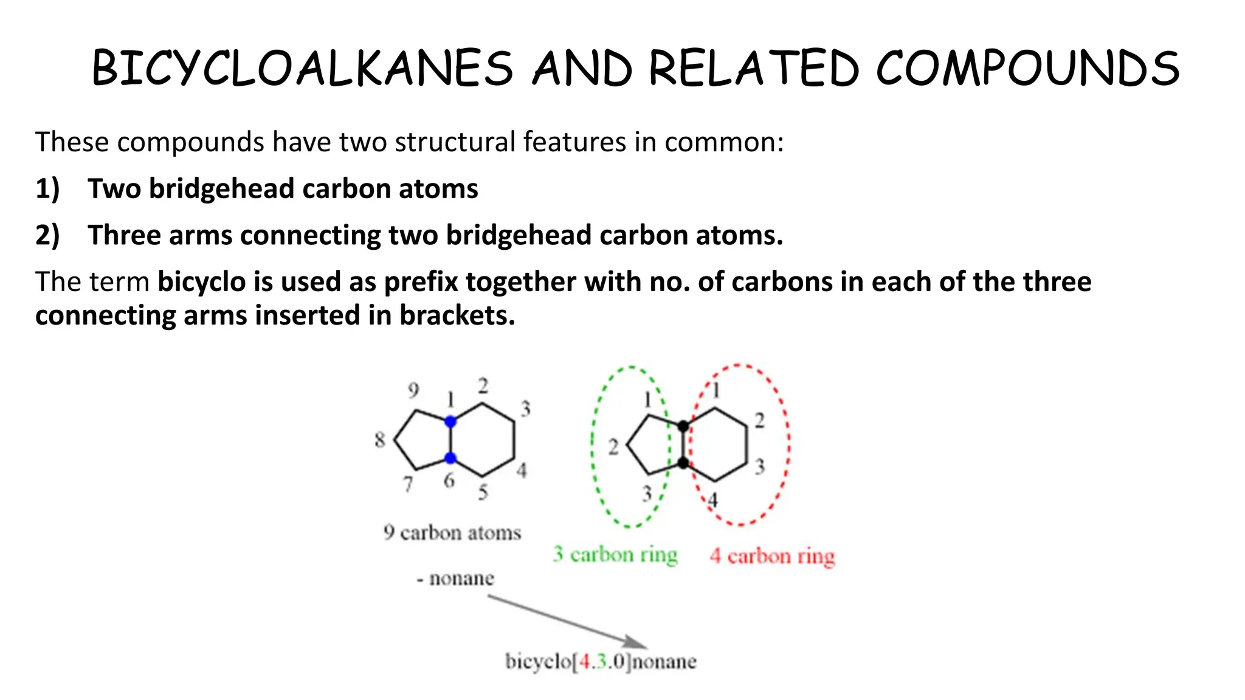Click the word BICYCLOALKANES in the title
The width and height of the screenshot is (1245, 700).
(x=302, y=68)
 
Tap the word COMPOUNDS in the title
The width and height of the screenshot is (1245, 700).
(x=1027, y=68)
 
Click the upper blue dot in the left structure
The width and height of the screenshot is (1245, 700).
(x=450, y=421)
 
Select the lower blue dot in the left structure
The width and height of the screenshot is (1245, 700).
(x=450, y=458)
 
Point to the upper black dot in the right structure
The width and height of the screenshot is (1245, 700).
(x=683, y=426)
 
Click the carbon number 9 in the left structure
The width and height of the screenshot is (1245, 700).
(x=413, y=389)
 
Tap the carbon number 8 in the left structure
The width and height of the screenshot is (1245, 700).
(x=380, y=439)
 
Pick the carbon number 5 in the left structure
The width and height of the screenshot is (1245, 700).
(x=483, y=492)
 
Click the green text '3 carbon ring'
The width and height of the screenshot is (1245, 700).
(x=615, y=555)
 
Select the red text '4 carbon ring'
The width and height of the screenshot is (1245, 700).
(x=772, y=556)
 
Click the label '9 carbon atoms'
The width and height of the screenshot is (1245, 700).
(x=452, y=533)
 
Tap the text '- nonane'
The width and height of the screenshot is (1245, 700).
(x=455, y=578)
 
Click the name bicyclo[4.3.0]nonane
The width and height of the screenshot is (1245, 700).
(x=601, y=661)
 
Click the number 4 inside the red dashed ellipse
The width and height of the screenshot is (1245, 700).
(x=713, y=500)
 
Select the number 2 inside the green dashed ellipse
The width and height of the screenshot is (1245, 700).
(x=613, y=448)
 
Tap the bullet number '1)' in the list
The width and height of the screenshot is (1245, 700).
(x=47, y=189)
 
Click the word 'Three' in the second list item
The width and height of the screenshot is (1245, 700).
(x=124, y=235)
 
